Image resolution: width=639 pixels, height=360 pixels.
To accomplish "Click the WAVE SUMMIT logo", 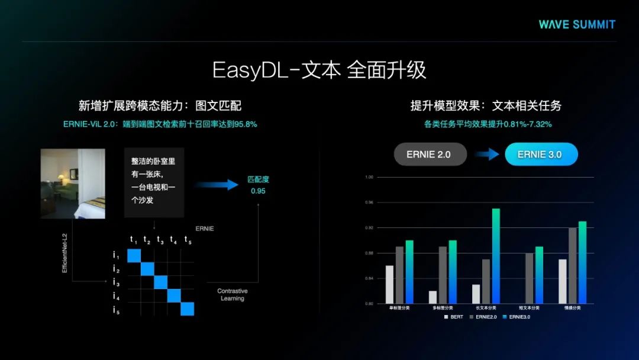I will pos(577,24).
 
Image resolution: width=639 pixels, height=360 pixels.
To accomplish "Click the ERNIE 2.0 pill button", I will pos(430,155).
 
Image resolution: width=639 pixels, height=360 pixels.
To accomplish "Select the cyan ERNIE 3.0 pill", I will pos(541,155).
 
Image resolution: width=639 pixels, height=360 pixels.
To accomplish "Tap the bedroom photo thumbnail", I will pos(73,184).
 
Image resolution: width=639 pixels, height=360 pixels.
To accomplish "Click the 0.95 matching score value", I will pos(257,191).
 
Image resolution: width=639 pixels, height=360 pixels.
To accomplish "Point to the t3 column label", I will pos(160,240).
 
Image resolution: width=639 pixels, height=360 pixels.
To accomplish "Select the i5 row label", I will pos(117,310).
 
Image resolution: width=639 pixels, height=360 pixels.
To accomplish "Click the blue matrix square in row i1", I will pos(134,255).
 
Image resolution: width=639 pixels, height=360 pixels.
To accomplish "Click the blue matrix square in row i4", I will pos(174,295).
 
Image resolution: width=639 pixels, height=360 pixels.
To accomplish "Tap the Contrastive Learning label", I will pos(233,295).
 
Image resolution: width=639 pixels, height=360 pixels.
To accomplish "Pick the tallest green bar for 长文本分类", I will pos(496,256).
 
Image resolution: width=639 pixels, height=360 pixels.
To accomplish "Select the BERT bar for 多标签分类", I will pos(433,297).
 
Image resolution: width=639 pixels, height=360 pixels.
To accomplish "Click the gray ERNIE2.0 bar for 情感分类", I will pos(572,265).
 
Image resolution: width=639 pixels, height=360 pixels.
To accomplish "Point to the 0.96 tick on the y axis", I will pos(370,202).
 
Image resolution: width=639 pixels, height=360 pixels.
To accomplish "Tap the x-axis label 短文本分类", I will pos(530,308).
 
